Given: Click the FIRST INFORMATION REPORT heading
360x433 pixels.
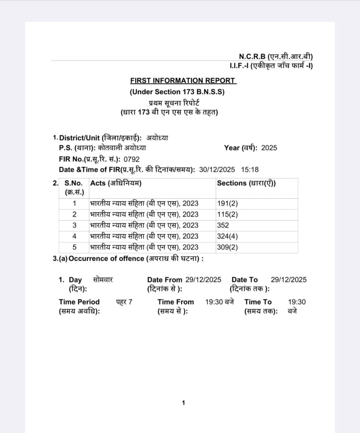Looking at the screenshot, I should [183, 80].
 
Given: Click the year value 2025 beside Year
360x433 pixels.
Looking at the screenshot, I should [269, 148].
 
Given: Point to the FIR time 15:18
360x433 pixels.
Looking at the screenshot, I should [250, 170].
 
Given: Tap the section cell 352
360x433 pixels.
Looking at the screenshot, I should [223, 225].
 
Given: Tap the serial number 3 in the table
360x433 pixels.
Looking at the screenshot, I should [74, 225].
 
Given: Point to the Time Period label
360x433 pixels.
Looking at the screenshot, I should [79, 302].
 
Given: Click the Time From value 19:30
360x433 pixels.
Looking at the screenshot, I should [214, 302].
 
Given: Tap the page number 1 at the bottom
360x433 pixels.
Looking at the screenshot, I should [183, 403].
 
